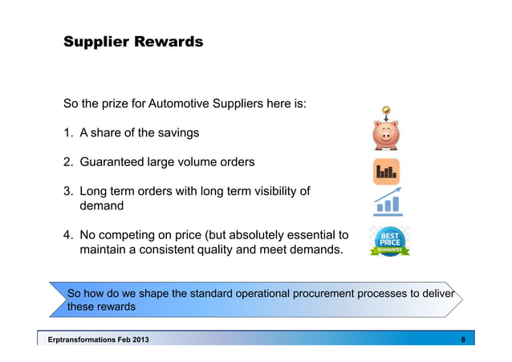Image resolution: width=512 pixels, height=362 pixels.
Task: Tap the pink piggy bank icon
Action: pyautogui.click(x=386, y=135)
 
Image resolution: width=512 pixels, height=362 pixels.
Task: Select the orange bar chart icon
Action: pyautogui.click(x=386, y=171)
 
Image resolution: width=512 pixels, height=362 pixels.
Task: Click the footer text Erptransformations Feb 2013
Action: pyautogui.click(x=98, y=340)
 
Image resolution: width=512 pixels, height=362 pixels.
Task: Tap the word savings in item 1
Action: pyautogui.click(x=177, y=132)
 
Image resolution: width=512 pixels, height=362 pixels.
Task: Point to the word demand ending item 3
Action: pyautogui.click(x=101, y=206)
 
